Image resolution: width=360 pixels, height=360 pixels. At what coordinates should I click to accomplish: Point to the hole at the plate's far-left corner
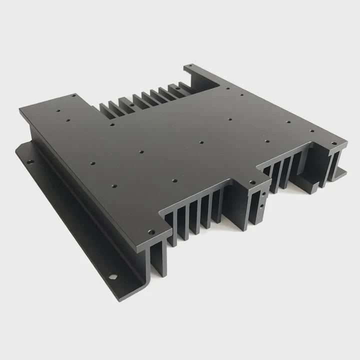(74, 95)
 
